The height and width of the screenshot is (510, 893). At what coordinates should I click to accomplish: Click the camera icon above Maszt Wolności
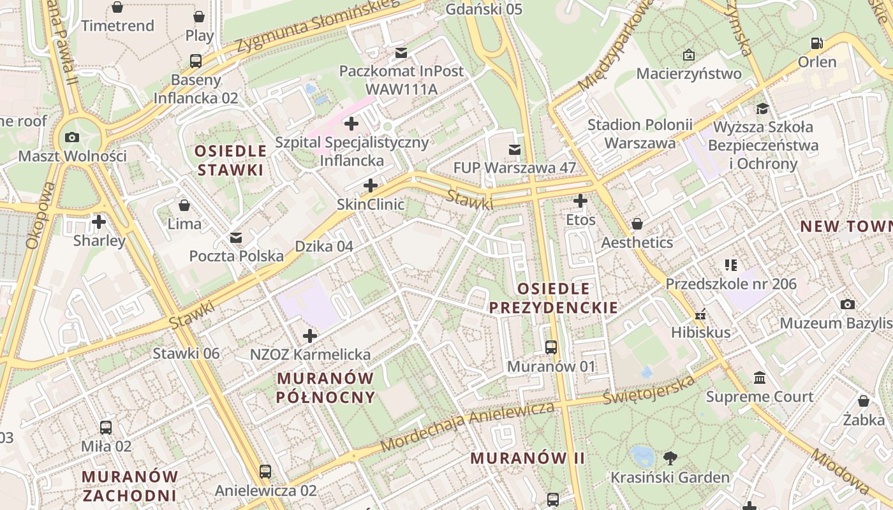72,137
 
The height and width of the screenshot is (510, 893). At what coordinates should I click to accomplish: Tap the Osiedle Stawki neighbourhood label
230,161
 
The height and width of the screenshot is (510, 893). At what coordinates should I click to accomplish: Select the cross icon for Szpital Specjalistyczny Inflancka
351,123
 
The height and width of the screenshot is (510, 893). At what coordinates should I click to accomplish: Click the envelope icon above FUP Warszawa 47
514,149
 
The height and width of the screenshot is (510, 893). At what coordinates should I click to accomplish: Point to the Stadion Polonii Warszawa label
640,134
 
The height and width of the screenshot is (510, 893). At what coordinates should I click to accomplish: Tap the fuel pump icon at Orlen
816,43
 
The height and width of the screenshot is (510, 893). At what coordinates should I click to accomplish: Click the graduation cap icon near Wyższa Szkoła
762,108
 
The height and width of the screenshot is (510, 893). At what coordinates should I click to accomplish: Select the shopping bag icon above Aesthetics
637,224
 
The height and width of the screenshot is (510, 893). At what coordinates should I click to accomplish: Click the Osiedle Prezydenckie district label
553,298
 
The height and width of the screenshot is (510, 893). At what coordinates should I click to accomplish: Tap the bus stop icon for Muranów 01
551,347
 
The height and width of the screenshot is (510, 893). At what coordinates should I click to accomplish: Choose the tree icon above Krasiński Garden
670,458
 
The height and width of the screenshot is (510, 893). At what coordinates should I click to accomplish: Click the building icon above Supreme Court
759,378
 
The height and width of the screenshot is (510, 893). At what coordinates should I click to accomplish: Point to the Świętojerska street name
649,390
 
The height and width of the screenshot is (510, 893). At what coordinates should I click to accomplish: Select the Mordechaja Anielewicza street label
467,426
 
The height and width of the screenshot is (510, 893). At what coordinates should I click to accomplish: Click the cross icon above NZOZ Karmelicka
310,335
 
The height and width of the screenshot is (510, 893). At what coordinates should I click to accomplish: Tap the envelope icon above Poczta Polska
236,238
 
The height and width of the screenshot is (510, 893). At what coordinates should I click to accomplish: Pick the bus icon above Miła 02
106,428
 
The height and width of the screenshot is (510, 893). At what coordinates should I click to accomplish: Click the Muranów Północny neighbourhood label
325,388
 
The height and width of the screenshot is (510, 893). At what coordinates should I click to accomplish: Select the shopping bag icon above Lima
184,205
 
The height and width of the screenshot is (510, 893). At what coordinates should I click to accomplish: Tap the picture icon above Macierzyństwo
689,55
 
